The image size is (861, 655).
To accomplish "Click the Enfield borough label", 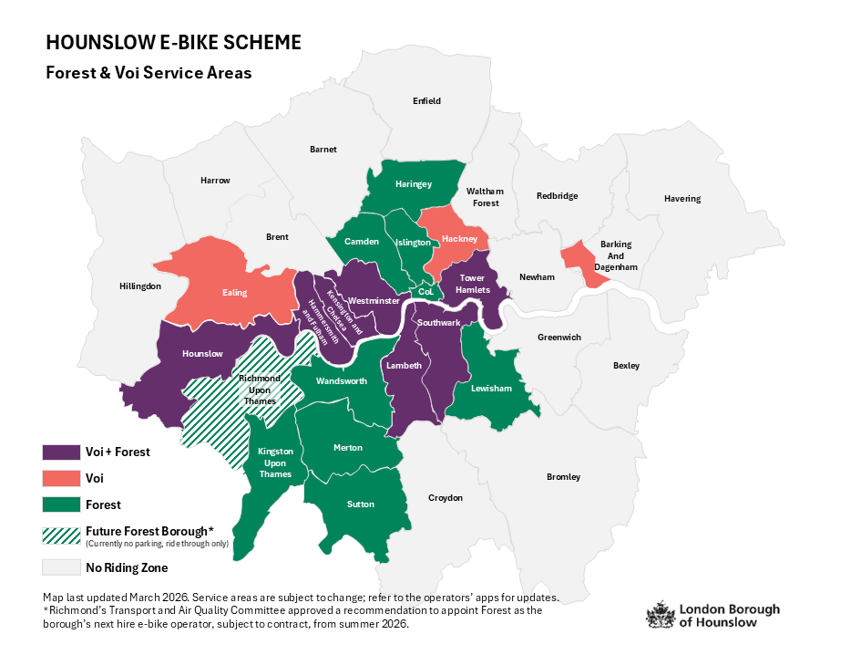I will coord(425,100).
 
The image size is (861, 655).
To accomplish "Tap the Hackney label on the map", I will coord(459,239).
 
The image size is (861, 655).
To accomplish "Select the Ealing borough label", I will coord(235,293).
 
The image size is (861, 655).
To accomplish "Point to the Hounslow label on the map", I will coord(202,353).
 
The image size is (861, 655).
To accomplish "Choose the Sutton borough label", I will coord(360,504).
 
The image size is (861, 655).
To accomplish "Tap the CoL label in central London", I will coord(426,292).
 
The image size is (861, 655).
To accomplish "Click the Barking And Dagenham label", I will coord(616,255).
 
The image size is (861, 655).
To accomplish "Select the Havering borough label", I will coord(682,199).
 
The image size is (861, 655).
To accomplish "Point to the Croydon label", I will coord(446,498).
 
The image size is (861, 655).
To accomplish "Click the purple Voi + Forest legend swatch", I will coord(60,452).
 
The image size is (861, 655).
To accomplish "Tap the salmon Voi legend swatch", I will coord(60,478).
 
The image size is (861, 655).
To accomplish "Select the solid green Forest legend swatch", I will coord(60,504).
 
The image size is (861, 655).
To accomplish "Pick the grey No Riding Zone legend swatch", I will coord(60,568).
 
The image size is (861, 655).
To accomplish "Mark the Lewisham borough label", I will coord(492,389).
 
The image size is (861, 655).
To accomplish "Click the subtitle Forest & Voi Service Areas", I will coord(149,72).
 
